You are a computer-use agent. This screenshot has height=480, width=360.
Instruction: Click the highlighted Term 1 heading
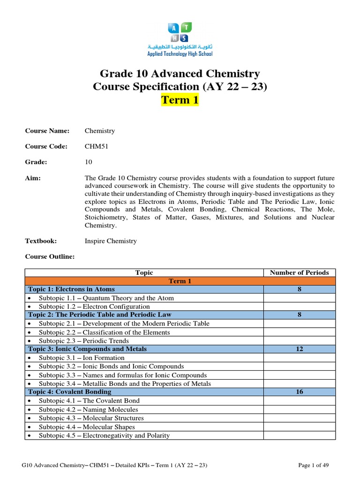(180, 100)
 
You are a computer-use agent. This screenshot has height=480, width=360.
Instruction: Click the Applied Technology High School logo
(180, 40)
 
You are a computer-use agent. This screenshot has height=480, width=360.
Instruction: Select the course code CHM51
(96, 146)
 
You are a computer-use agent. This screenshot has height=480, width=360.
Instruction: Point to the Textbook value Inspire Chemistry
(111, 241)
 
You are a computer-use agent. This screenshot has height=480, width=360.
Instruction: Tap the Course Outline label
(50, 256)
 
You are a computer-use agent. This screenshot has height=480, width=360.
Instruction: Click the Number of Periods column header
(299, 272)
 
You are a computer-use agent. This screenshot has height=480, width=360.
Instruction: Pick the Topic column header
(144, 272)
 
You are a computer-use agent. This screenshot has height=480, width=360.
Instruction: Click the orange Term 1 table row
(180, 281)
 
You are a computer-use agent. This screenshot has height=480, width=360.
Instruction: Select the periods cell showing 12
(299, 349)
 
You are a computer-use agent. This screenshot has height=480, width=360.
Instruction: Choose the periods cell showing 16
(299, 392)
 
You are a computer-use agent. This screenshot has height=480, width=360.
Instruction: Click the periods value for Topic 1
(299, 289)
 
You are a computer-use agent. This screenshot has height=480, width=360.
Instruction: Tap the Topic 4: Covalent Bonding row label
(70, 392)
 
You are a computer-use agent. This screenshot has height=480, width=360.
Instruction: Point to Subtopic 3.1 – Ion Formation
(82, 358)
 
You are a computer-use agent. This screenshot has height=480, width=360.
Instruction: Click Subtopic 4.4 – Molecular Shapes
(87, 427)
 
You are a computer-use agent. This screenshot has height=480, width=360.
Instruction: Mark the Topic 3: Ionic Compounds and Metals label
(87, 349)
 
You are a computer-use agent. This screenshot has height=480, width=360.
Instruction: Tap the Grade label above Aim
(36, 162)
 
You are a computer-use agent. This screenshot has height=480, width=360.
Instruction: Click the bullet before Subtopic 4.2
(30, 409)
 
